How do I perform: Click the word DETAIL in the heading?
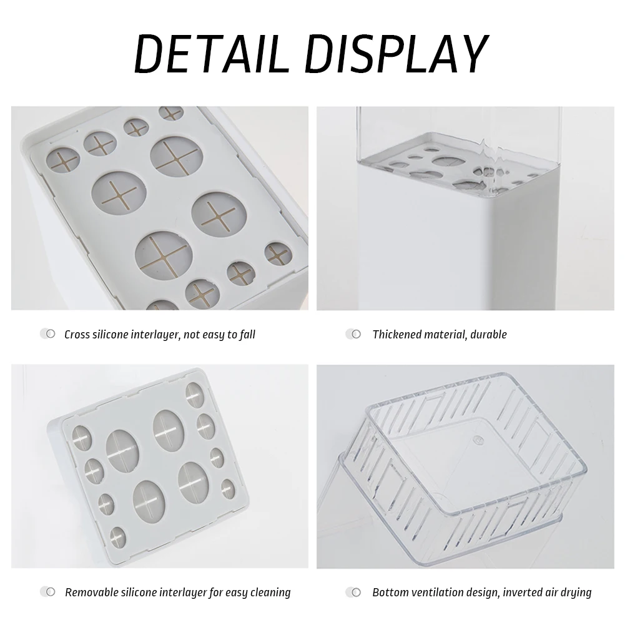[x=211, y=54]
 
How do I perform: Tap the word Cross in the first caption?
[x=77, y=335]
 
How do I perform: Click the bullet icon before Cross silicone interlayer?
[x=47, y=334]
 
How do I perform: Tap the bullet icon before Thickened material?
[x=353, y=334]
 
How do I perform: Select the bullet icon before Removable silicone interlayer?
[x=47, y=592]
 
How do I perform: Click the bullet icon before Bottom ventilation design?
[x=353, y=593]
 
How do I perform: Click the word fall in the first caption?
[x=247, y=335]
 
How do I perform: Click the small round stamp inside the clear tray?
[x=476, y=440]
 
